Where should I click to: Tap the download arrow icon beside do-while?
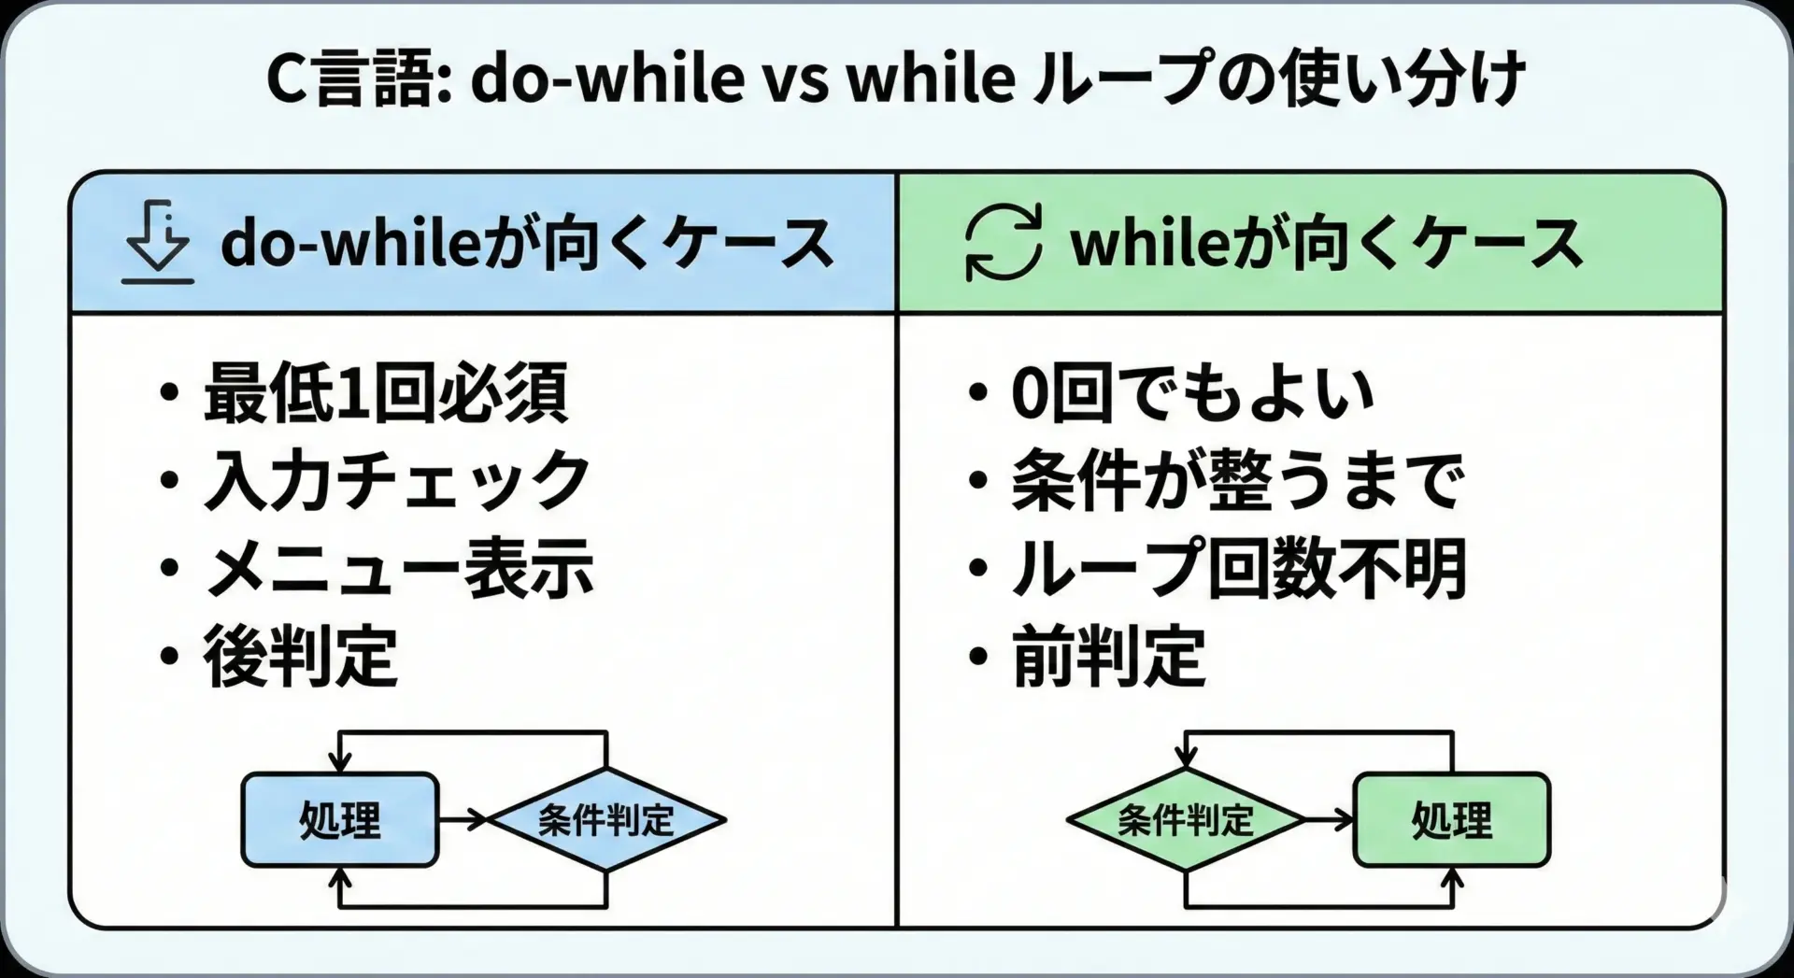(x=158, y=242)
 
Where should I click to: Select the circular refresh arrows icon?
(x=1004, y=243)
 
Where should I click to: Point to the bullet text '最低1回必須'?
(x=385, y=393)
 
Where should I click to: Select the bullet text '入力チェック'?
(x=397, y=480)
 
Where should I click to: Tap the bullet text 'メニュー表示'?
(x=399, y=568)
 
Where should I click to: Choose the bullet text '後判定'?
(x=301, y=656)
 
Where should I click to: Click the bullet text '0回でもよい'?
(x=1193, y=393)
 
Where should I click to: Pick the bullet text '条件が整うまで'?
(x=1238, y=480)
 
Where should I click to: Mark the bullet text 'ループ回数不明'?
(x=1239, y=568)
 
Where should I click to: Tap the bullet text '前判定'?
(x=1109, y=656)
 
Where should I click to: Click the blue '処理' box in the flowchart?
(x=340, y=820)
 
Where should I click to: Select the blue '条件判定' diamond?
(x=607, y=820)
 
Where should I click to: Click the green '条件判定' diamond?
(x=1186, y=820)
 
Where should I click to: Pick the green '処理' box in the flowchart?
(x=1452, y=820)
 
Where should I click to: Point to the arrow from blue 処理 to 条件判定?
(x=463, y=820)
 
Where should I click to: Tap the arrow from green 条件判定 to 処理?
(x=1329, y=820)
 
